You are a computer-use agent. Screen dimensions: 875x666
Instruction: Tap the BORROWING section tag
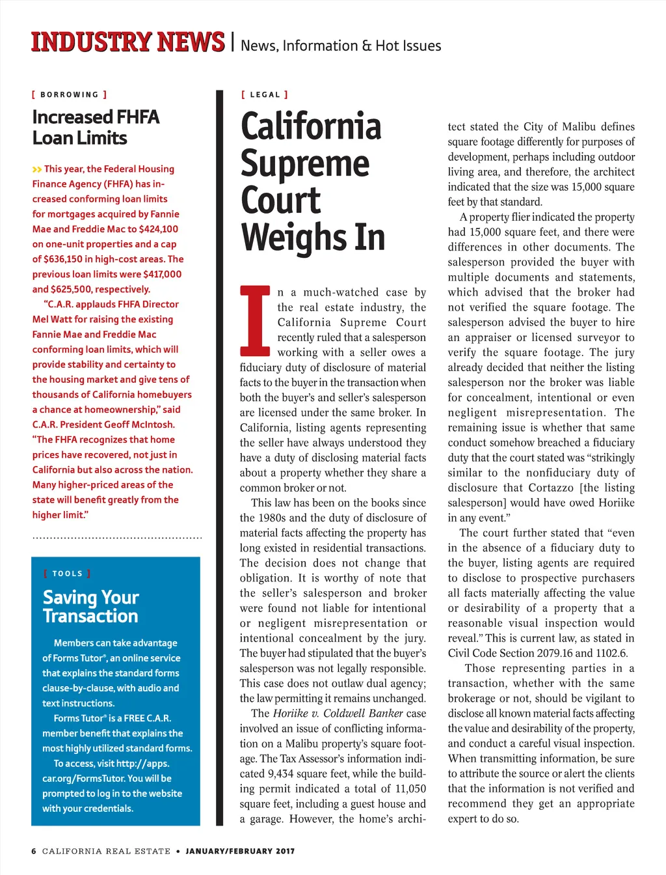70,94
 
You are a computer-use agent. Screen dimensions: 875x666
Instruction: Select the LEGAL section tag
265,94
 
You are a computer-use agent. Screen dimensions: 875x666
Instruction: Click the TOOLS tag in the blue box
68,574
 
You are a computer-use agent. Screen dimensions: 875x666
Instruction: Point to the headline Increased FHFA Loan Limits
96,127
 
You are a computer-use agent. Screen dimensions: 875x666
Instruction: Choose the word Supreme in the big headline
304,163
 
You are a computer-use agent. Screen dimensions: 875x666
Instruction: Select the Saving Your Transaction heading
90,606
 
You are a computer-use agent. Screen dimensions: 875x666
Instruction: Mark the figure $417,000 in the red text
158,274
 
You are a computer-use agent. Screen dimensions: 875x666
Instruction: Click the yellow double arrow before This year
36,169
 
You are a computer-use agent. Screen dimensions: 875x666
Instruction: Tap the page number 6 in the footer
34,851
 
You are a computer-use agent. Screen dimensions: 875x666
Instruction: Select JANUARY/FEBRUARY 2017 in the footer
240,851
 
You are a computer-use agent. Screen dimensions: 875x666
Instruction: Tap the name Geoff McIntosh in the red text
140,424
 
